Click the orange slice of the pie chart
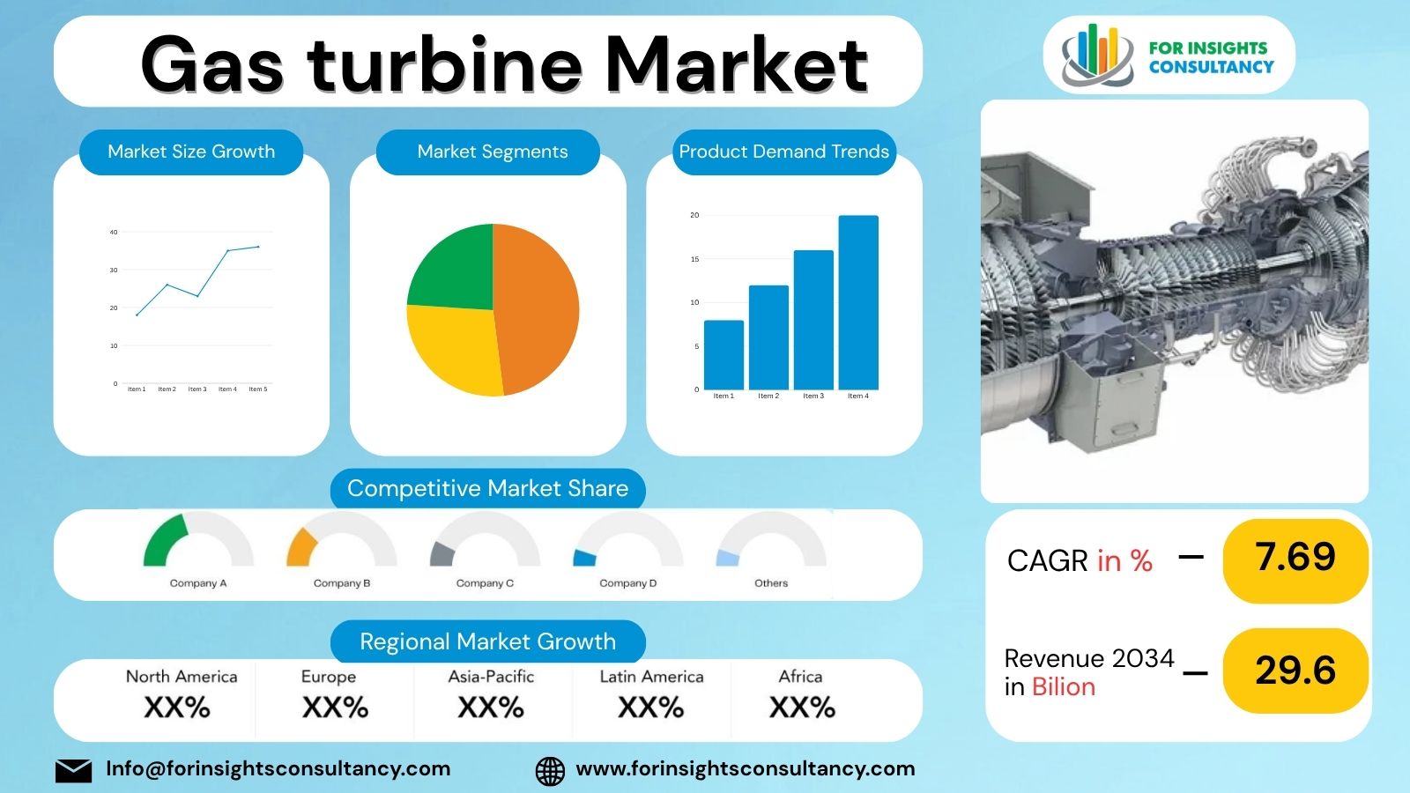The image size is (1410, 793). pyautogui.click(x=538, y=308)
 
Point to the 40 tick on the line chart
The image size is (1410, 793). pyautogui.click(x=114, y=233)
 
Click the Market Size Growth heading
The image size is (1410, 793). pyautogui.click(x=191, y=152)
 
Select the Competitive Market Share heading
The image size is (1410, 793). pyautogui.click(x=487, y=488)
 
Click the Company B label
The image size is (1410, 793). pyautogui.click(x=342, y=583)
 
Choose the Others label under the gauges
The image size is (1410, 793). pyautogui.click(x=771, y=583)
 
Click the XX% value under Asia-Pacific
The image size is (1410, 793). pyautogui.click(x=491, y=708)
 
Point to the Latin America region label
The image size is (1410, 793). pyautogui.click(x=651, y=677)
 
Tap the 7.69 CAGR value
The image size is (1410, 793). pyautogui.click(x=1295, y=557)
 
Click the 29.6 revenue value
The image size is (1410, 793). pyautogui.click(x=1295, y=671)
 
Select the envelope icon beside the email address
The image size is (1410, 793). pyautogui.click(x=73, y=770)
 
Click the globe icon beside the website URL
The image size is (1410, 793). pyautogui.click(x=550, y=770)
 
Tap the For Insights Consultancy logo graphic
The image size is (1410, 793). pyautogui.click(x=1097, y=55)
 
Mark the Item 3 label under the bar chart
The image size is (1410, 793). pyautogui.click(x=813, y=396)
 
